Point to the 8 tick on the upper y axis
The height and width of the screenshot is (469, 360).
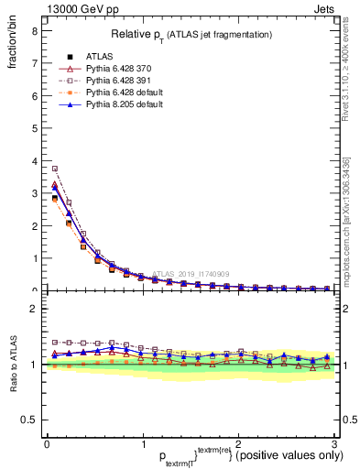click(x=34, y=30)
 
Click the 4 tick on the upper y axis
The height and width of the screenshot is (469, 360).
click(x=34, y=160)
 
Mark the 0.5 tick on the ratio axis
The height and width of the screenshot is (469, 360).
click(x=29, y=420)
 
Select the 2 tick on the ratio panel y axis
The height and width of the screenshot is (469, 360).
click(x=34, y=309)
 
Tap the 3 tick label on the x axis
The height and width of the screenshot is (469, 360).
click(x=335, y=444)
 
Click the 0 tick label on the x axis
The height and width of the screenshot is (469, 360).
click(x=46, y=444)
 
